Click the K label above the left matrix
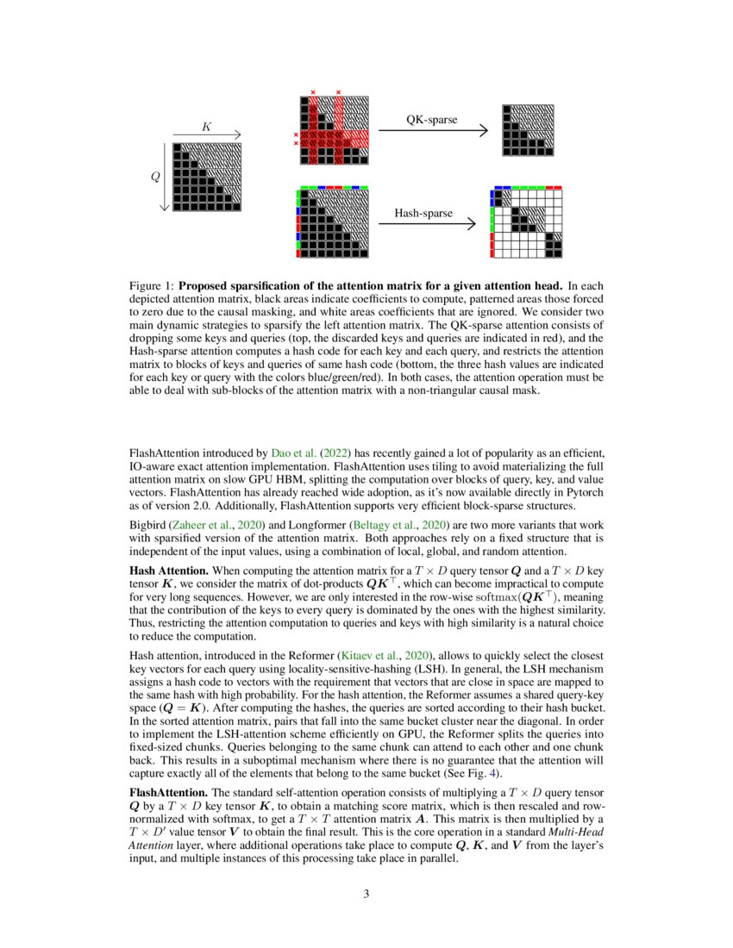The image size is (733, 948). [206, 127]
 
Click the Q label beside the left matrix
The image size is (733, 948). [155, 177]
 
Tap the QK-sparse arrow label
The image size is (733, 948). [431, 120]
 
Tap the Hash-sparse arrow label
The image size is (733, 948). [423, 213]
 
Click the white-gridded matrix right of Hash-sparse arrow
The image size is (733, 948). [527, 221]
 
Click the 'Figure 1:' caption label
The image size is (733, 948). [152, 285]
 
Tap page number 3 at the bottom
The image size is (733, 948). [366, 894]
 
